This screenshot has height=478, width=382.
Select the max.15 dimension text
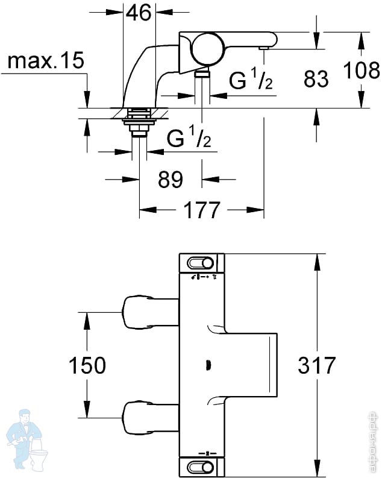45,61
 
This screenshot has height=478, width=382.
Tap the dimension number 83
316,78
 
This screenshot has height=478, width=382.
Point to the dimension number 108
362,72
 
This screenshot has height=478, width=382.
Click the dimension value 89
171,179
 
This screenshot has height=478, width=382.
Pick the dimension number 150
88,365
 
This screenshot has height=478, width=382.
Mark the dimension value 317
316,365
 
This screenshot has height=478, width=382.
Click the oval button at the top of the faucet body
201,263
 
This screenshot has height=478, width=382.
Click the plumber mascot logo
27,436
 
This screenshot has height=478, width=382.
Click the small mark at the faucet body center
209,365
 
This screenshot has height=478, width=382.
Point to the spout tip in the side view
264,46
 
